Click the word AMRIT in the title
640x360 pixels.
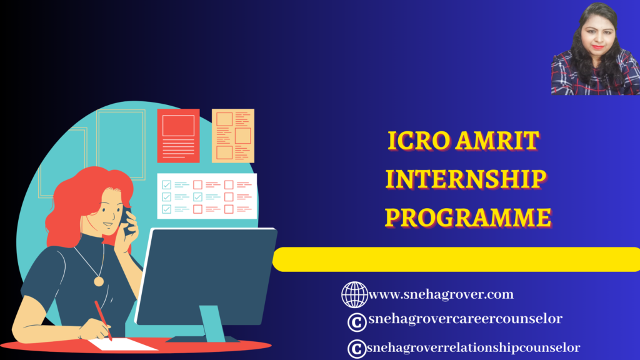pos(498,141)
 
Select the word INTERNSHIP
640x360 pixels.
pos(466,179)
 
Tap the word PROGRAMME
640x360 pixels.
pos(468,217)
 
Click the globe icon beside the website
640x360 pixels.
pos(354,294)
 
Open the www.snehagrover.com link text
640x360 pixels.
pos(441,294)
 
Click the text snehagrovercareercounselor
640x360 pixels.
pos(465,318)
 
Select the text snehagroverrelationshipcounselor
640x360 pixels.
pos(474,347)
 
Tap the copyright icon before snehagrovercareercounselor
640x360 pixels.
pos(357,322)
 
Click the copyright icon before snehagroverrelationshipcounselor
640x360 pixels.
pos(357,349)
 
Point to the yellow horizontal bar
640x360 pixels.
pos(456,259)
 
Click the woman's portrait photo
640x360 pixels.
pos(596,49)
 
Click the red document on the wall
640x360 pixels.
pos(178,136)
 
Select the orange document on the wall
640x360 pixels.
pos(233,136)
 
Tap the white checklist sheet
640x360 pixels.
pos(207,196)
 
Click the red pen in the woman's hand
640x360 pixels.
pos(103,321)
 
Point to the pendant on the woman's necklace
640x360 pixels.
pos(99,281)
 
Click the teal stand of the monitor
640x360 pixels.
pos(212,323)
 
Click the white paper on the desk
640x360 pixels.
pos(123,344)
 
